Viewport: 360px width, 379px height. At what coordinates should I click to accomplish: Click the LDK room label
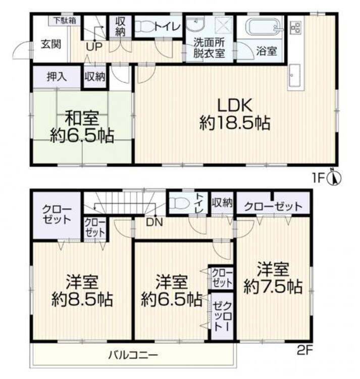(235, 106)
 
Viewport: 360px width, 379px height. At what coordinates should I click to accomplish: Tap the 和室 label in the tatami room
(82, 118)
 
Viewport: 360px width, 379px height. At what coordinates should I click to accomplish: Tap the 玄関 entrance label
(50, 44)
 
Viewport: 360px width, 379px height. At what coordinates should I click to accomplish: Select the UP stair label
(94, 47)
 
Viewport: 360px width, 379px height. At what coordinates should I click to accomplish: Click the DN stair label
(155, 223)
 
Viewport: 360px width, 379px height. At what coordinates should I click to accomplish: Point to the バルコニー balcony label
(133, 355)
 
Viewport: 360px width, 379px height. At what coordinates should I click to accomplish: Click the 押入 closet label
(57, 77)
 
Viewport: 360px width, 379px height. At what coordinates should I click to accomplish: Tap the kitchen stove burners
(296, 27)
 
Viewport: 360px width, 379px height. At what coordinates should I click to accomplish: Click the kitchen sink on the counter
(295, 75)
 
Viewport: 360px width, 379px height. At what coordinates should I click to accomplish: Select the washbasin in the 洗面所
(195, 24)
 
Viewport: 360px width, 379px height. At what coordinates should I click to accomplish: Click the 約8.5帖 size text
(82, 300)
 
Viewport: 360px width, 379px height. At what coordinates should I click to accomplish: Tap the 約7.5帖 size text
(273, 287)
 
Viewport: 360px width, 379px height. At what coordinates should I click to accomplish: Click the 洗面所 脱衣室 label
(209, 48)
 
